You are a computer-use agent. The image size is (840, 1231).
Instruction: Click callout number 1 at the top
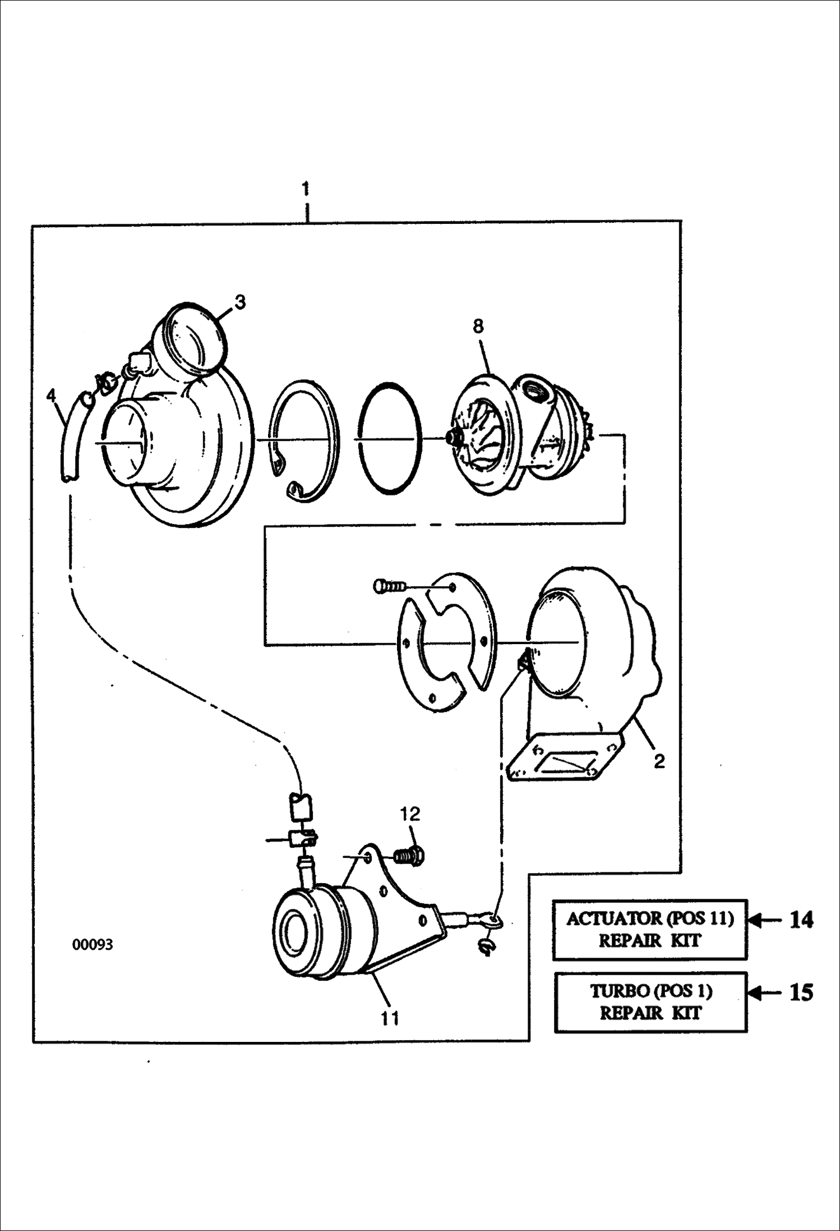306,189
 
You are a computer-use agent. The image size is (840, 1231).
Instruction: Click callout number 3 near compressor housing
239,302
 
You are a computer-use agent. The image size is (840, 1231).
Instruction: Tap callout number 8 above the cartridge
478,326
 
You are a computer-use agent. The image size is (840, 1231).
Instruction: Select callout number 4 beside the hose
51,396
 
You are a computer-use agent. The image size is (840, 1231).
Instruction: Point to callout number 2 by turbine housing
659,761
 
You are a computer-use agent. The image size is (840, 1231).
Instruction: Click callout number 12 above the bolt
410,814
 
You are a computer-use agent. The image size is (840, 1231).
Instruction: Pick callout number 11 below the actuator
390,1018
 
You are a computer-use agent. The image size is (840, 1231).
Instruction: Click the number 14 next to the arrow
801,920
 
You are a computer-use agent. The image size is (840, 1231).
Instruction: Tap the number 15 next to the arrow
801,993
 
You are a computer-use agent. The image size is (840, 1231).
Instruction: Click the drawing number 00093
93,945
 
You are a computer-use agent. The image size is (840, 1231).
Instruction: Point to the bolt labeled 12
410,856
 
